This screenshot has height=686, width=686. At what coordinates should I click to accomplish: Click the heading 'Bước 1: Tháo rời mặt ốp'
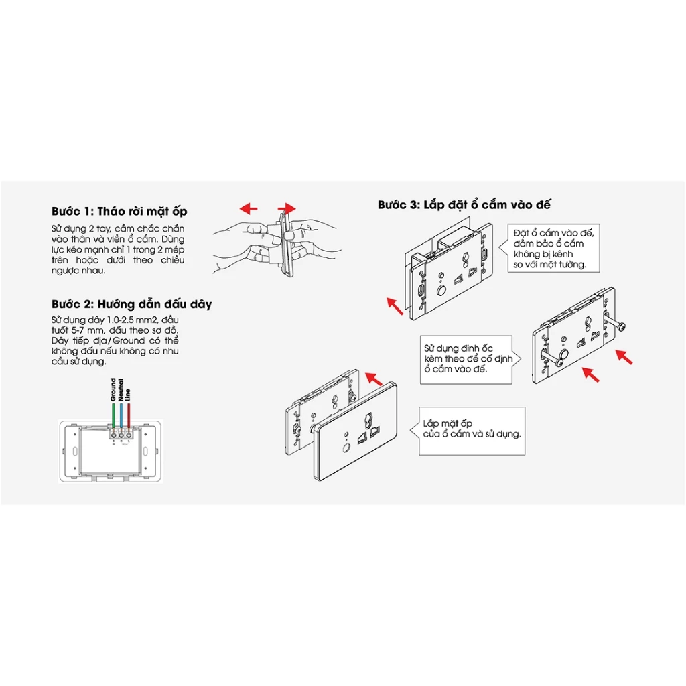click(119, 211)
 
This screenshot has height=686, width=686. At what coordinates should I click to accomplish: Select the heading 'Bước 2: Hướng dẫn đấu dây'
click(131, 304)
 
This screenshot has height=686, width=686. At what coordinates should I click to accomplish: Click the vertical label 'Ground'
click(113, 391)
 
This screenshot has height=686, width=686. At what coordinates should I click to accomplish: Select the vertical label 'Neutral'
click(121, 389)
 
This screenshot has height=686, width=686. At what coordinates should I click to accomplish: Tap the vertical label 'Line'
click(128, 394)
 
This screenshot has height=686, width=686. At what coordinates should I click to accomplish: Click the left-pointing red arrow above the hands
click(249, 208)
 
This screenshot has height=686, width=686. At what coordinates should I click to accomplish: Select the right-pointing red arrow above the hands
click(286, 208)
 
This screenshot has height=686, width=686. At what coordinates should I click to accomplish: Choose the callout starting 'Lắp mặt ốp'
click(471, 429)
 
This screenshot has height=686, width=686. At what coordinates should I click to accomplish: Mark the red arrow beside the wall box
click(396, 306)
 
